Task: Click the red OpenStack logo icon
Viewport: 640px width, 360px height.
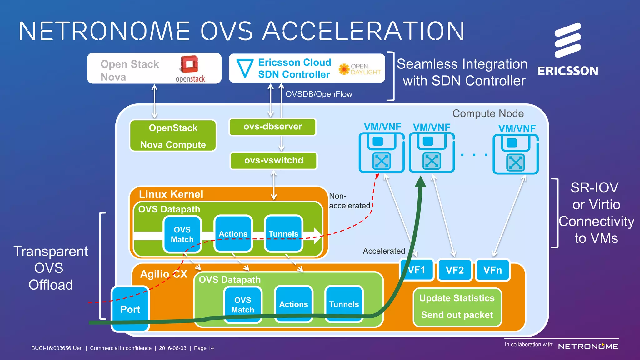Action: click(189, 65)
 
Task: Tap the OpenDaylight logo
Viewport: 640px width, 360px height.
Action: click(359, 69)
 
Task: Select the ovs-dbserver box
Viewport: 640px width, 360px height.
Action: click(272, 127)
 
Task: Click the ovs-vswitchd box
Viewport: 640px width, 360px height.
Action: click(273, 160)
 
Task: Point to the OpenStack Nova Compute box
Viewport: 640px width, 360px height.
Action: click(173, 136)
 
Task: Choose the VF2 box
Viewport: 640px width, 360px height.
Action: click(454, 270)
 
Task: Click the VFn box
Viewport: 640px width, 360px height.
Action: click(492, 270)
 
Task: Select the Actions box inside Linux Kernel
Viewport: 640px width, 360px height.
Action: click(233, 234)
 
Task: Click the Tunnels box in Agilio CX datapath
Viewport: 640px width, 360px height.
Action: click(344, 304)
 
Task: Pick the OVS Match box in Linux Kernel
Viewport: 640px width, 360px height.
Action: click(182, 234)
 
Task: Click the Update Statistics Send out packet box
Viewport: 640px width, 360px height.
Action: click(457, 307)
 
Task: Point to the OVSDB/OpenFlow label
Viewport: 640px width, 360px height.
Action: click(319, 94)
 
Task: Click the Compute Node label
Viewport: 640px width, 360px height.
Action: click(488, 113)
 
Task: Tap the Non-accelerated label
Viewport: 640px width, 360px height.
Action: click(349, 201)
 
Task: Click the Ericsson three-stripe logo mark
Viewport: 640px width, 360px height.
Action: click(567, 40)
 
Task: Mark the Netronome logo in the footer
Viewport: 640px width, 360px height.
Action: click(588, 347)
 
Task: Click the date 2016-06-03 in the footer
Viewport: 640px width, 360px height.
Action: click(172, 348)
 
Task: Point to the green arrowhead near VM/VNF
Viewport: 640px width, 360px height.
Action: click(421, 182)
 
